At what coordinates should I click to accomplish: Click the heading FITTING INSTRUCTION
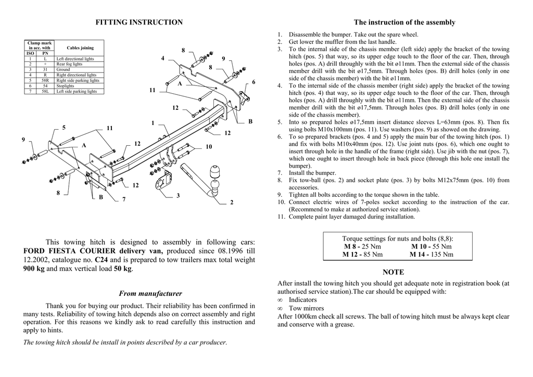click(139, 22)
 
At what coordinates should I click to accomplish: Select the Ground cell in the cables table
click(63, 69)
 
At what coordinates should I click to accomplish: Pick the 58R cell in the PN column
click(45, 81)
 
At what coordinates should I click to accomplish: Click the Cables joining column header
click(80, 48)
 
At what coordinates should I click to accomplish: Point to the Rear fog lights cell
click(69, 64)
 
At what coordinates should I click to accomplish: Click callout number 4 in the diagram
click(163, 58)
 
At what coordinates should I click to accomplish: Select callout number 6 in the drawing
click(253, 82)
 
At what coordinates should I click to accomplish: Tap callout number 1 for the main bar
click(153, 123)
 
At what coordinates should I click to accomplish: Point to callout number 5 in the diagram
click(64, 128)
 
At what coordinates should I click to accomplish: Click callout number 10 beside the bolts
click(209, 147)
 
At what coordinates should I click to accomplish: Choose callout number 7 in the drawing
click(124, 199)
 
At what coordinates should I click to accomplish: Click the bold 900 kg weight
click(34, 269)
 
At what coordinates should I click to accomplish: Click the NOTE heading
click(393, 272)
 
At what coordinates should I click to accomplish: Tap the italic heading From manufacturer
click(150, 294)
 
